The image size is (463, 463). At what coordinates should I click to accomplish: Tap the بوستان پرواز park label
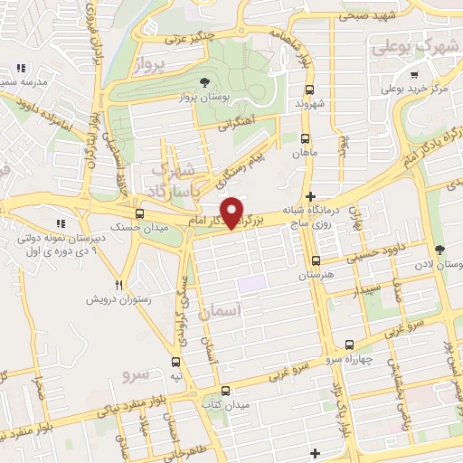(210, 96)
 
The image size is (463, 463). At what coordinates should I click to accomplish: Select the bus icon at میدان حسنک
(139, 213)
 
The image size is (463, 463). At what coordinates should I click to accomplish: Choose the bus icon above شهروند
(311, 90)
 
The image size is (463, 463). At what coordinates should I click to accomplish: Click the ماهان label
(306, 154)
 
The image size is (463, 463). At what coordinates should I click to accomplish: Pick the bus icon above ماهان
(305, 139)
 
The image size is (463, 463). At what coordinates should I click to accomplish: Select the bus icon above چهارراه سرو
(351, 344)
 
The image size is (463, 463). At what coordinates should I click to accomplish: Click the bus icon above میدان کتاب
(225, 391)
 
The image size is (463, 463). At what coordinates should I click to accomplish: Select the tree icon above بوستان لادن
(439, 250)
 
